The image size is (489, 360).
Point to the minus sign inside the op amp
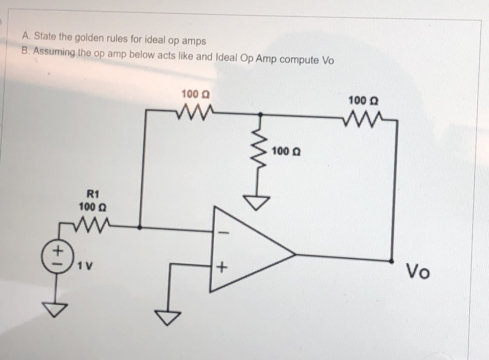point(224,233)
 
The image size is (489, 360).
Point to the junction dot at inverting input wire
point(139,227)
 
